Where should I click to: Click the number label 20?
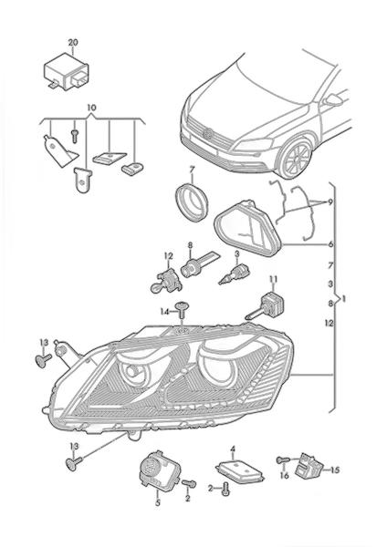73,43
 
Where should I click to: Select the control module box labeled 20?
66,73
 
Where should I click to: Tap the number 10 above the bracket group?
91,108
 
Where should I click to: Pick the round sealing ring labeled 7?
192,202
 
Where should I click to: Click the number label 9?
330,201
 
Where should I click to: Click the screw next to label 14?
182,310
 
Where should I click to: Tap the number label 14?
164,311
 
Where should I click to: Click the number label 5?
158,502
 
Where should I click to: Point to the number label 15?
335,470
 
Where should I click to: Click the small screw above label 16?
283,460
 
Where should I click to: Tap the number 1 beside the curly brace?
345,299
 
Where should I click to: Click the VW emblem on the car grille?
209,133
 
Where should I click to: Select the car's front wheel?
294,158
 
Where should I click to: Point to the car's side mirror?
333,100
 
